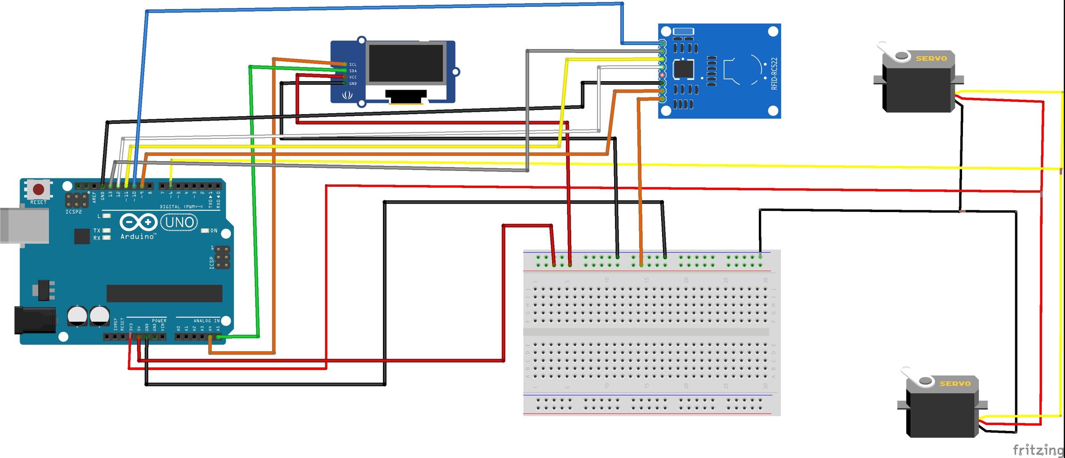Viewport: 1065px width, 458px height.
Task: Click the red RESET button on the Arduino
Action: pos(39,190)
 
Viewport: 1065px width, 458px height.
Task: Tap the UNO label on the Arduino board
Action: pos(179,222)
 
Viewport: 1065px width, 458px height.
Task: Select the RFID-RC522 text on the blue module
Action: pos(774,74)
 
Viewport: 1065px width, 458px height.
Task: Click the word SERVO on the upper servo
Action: pos(931,59)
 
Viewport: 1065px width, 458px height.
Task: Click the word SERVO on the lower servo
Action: pos(955,383)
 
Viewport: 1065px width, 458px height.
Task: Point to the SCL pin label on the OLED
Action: pos(353,64)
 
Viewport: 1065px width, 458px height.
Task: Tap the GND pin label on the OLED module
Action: pos(353,83)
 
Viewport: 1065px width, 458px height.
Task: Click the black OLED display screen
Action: pos(406,63)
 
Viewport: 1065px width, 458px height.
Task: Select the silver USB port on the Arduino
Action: pos(24,225)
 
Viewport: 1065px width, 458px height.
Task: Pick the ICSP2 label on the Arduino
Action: pos(74,212)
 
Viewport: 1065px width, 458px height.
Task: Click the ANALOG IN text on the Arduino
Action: pos(206,320)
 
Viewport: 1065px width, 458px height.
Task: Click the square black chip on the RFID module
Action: pos(683,69)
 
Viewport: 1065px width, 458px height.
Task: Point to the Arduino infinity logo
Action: pos(138,221)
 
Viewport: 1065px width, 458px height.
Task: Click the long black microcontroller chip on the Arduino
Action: pos(164,293)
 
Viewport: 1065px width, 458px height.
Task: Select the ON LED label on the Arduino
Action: pos(214,231)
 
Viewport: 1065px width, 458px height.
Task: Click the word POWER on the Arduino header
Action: pos(159,320)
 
